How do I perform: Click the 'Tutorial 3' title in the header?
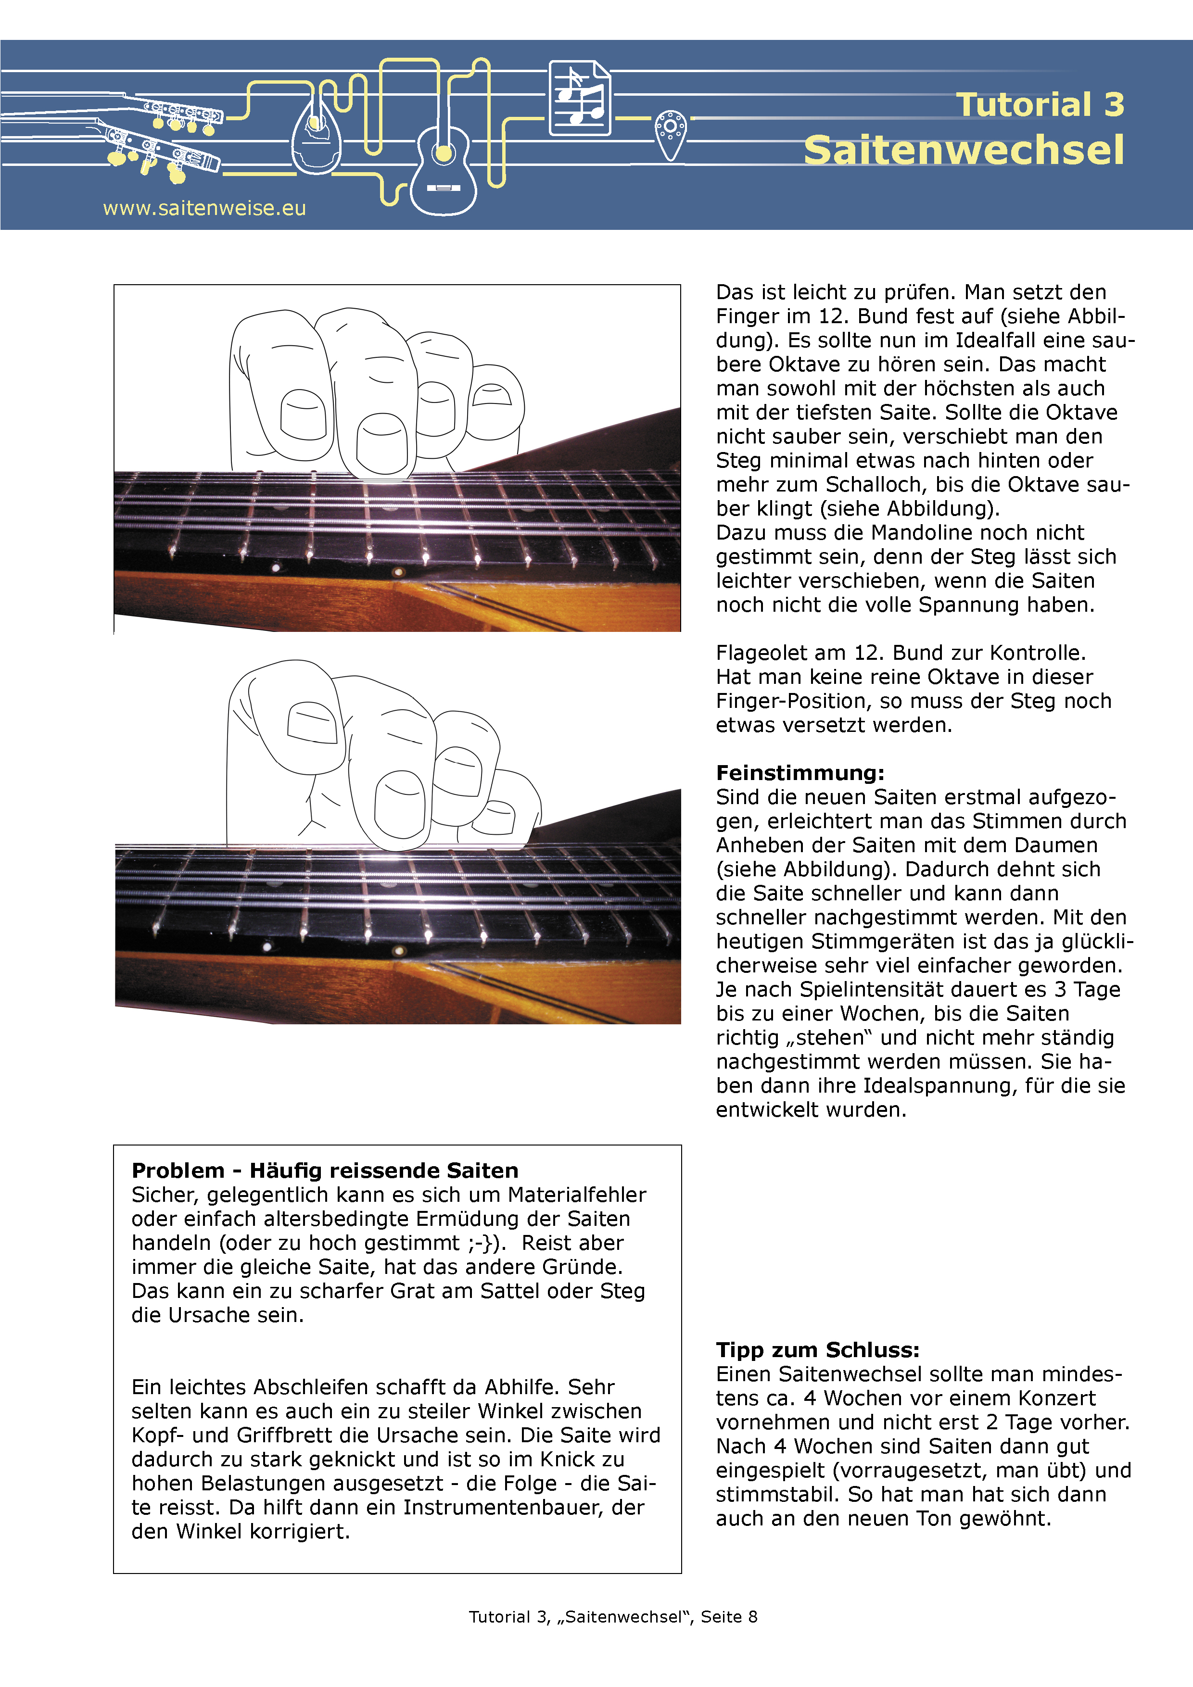pyautogui.click(x=1040, y=104)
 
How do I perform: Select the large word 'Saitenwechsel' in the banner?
pyautogui.click(x=964, y=150)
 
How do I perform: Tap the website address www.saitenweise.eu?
pyautogui.click(x=204, y=209)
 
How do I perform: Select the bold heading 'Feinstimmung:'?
pyautogui.click(x=800, y=773)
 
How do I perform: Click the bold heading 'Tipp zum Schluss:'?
pyautogui.click(x=817, y=1350)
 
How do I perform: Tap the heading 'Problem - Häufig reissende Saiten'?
pyautogui.click(x=325, y=1171)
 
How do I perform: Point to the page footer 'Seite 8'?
pyautogui.click(x=728, y=1616)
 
